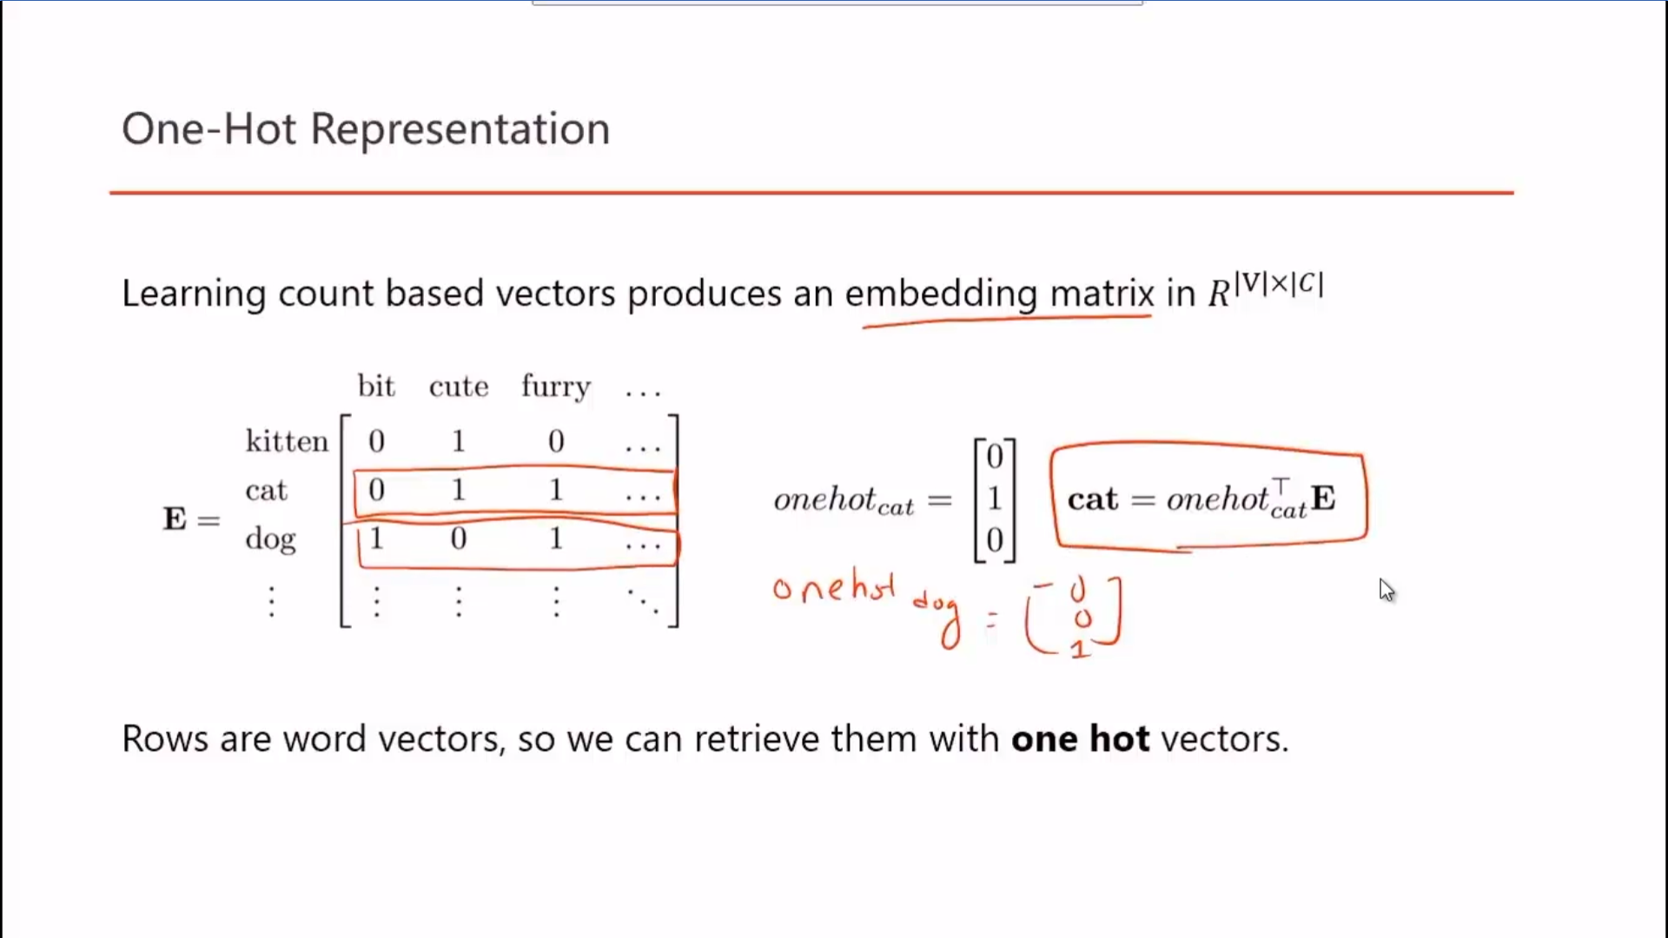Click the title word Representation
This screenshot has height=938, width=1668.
(x=460, y=129)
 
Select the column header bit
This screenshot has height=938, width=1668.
(x=376, y=386)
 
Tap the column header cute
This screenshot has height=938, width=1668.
(x=459, y=386)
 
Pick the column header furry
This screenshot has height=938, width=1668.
(x=556, y=387)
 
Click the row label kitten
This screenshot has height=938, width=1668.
(x=287, y=441)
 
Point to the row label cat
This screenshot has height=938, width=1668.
(x=266, y=491)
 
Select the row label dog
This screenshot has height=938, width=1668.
(x=270, y=540)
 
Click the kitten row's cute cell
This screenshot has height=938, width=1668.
(x=459, y=441)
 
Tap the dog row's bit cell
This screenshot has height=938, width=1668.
(x=376, y=538)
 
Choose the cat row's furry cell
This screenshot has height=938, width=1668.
(x=556, y=490)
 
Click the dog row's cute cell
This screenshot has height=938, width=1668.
(x=459, y=538)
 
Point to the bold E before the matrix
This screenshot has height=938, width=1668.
(x=175, y=519)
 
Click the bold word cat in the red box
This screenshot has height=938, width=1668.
(x=1093, y=499)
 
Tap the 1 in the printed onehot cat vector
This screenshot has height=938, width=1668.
(x=995, y=499)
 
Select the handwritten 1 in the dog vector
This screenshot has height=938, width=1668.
(x=1079, y=649)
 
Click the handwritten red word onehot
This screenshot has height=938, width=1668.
(x=833, y=588)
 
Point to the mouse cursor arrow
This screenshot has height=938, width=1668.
(x=1386, y=590)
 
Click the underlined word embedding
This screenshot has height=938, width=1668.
(x=941, y=294)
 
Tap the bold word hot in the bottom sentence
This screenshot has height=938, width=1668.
(x=1120, y=739)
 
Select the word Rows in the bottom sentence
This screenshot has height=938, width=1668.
(x=165, y=739)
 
